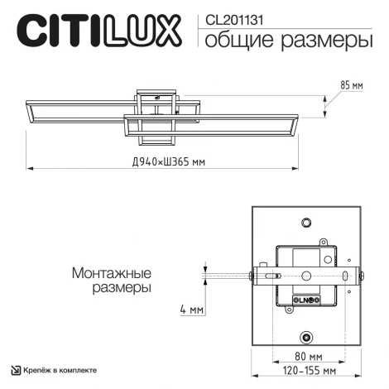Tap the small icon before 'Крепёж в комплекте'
point(15,370)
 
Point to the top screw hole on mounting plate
point(307,223)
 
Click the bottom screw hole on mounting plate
point(307,337)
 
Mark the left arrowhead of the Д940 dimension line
point(29,168)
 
